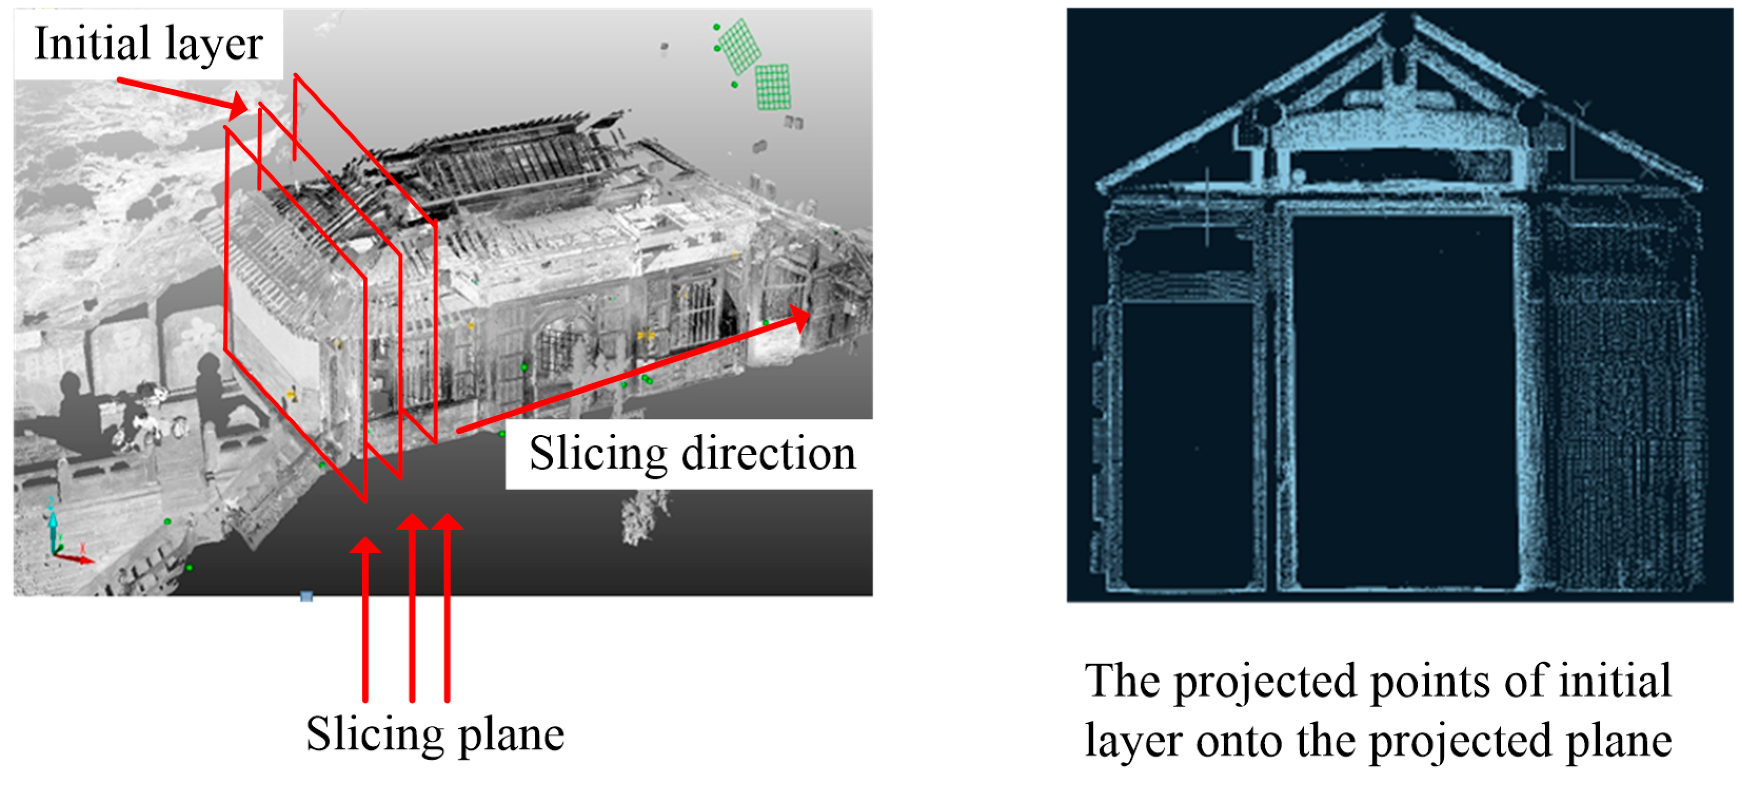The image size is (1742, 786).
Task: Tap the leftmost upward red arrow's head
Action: pos(365,545)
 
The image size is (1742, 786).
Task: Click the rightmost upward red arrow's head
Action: pos(447,522)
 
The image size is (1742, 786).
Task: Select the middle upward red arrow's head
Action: pos(412,522)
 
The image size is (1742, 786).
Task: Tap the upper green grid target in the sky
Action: pos(739,45)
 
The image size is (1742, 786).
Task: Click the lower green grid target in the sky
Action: pos(772,86)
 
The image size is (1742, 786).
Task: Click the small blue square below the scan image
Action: pos(306,596)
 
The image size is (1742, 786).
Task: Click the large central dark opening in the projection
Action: pos(1403,399)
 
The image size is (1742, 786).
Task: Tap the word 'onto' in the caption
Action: pos(1241,741)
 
